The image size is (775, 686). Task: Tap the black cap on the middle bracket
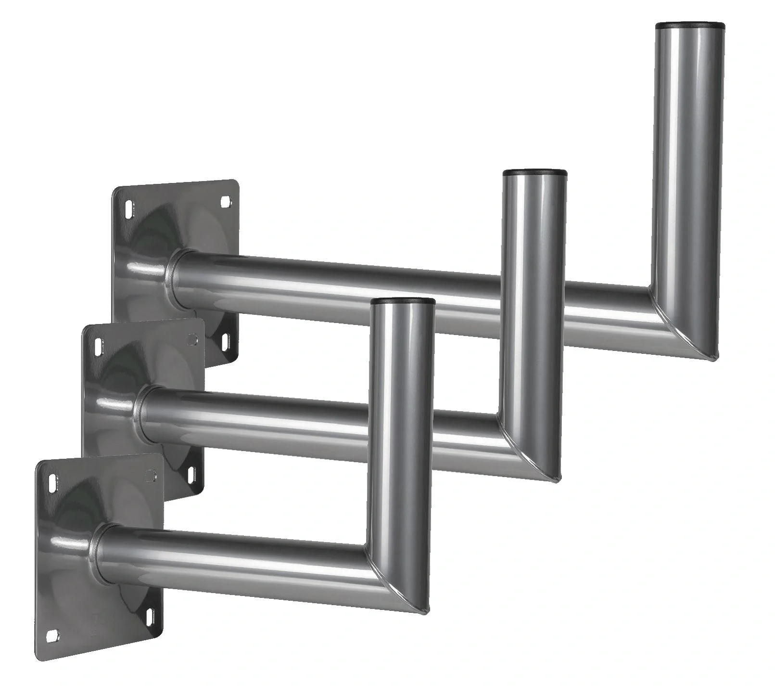[535, 173]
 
